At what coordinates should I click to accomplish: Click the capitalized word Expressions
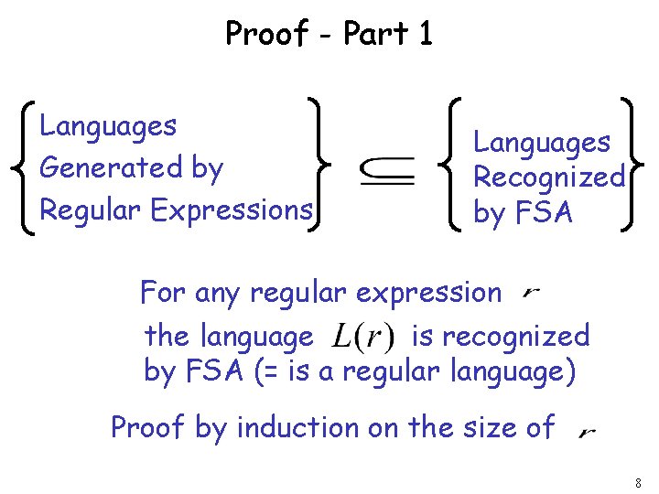click(x=232, y=210)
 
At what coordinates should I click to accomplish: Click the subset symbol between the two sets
click(x=387, y=169)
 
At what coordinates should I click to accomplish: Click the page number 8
click(x=637, y=481)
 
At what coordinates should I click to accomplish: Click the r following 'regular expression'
click(x=532, y=295)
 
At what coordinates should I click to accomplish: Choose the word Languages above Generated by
click(x=109, y=125)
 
